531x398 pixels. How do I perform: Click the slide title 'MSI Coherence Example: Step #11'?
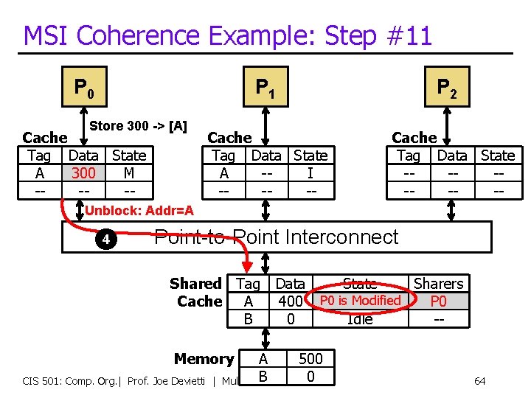click(x=227, y=35)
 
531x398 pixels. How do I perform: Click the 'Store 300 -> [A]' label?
click(x=138, y=126)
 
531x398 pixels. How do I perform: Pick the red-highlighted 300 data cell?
click(x=83, y=172)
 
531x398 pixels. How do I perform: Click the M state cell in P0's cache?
click(x=128, y=172)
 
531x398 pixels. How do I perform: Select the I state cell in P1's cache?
click(x=310, y=172)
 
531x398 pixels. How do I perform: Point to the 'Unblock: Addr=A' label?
click(x=139, y=212)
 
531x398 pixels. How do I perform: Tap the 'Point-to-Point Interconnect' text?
click(x=276, y=237)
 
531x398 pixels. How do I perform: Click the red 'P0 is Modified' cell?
click(x=360, y=301)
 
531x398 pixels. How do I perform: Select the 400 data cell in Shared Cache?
click(x=290, y=301)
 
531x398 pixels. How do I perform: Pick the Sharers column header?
click(x=438, y=284)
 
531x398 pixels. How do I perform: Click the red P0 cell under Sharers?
click(x=438, y=301)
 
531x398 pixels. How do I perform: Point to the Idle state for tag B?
click(x=360, y=319)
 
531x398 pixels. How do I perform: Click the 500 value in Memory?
click(x=310, y=359)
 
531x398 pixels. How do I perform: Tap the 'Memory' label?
click(x=204, y=359)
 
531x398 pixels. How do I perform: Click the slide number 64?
click(x=479, y=381)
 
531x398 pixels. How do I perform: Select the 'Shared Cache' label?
click(x=196, y=293)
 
